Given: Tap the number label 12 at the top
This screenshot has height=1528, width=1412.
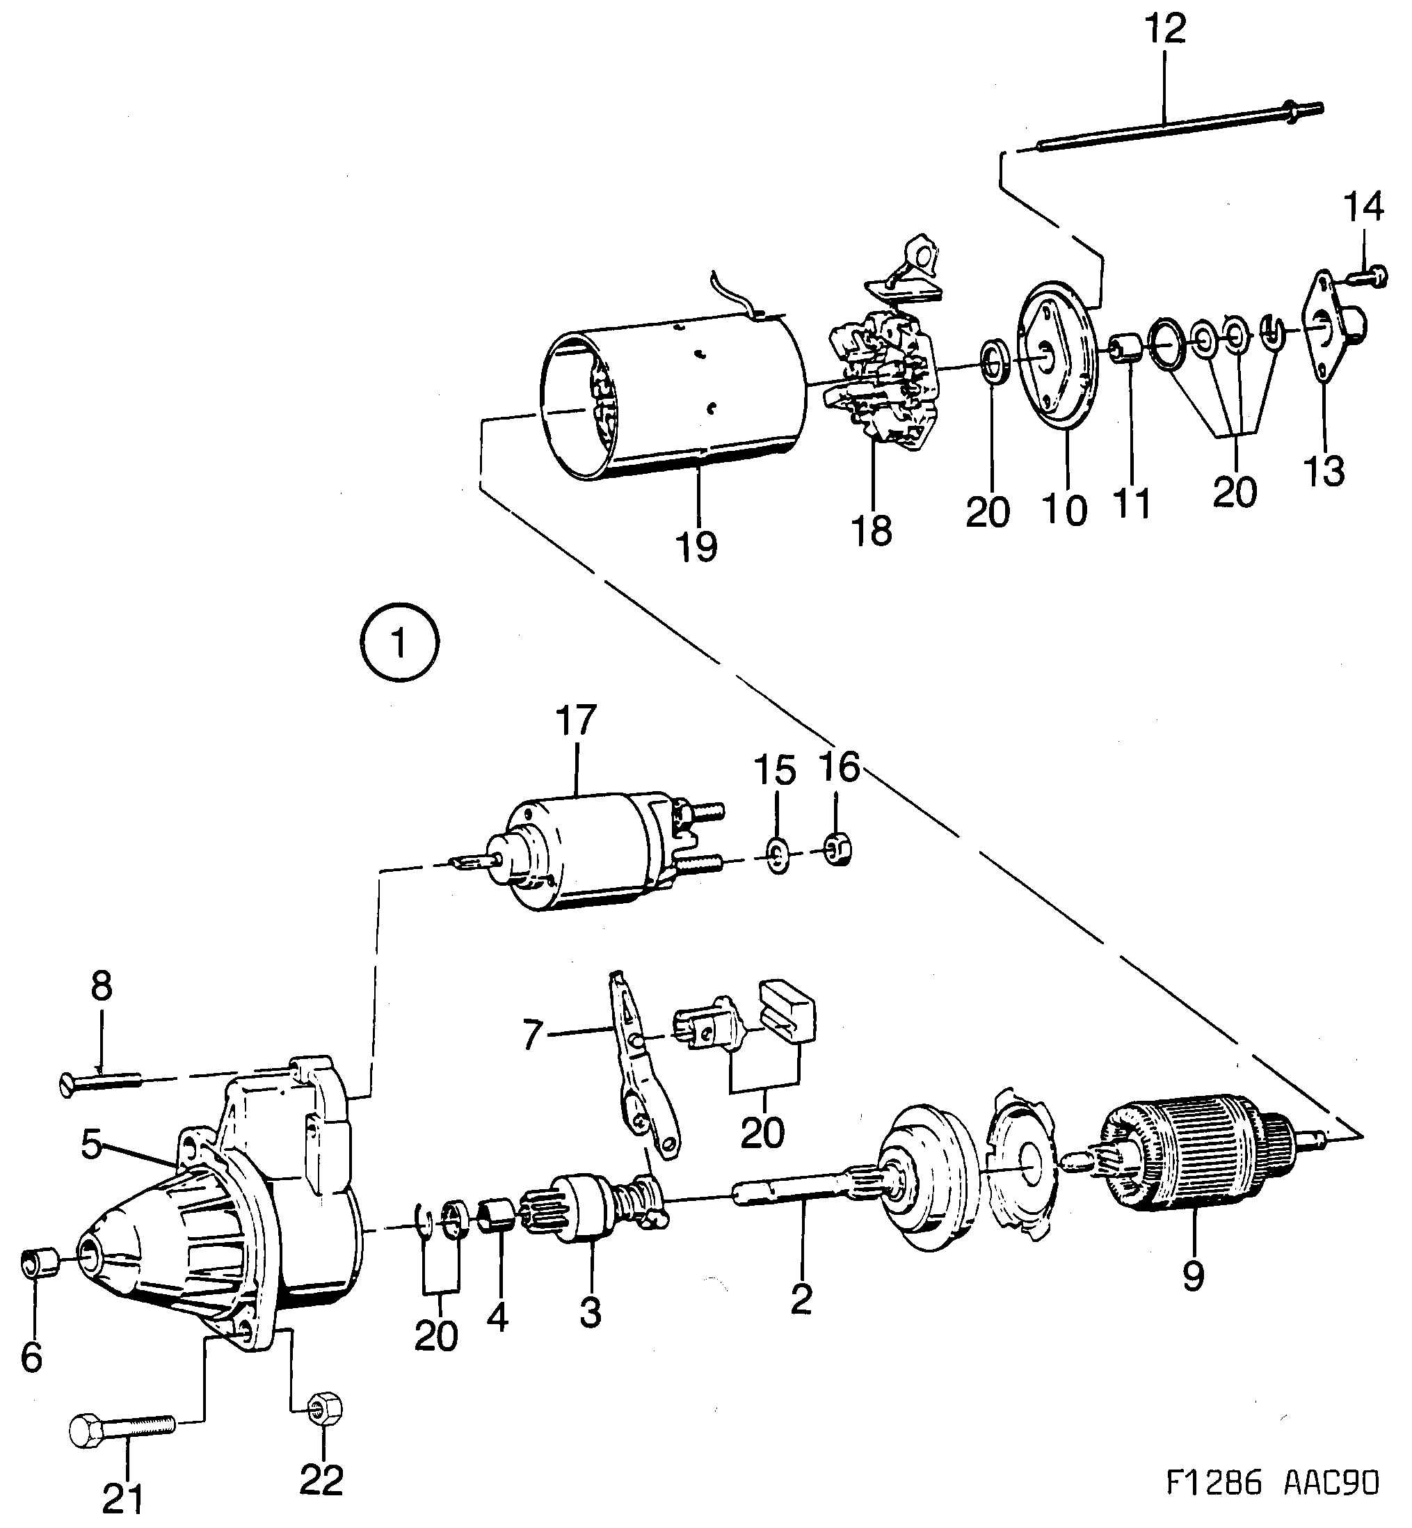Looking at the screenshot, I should pyautogui.click(x=1164, y=29).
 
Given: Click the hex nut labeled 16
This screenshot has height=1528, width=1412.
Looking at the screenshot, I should pyautogui.click(x=838, y=850).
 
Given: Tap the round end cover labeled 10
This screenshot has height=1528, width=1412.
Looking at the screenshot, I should pyautogui.click(x=1058, y=359).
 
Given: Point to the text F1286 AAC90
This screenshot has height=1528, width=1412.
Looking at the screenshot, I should pyautogui.click(x=1272, y=1505).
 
